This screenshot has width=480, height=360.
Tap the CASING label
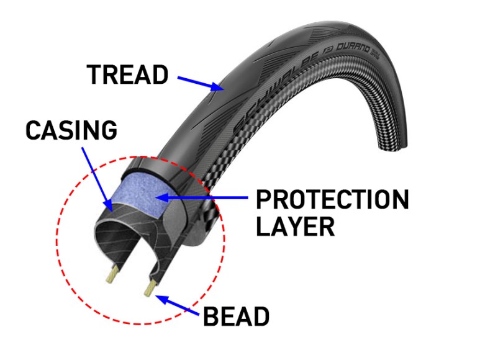tap(71, 130)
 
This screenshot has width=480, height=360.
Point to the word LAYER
tap(296, 227)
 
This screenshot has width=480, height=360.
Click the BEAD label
tap(237, 317)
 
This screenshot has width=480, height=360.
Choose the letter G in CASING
tap(109, 130)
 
